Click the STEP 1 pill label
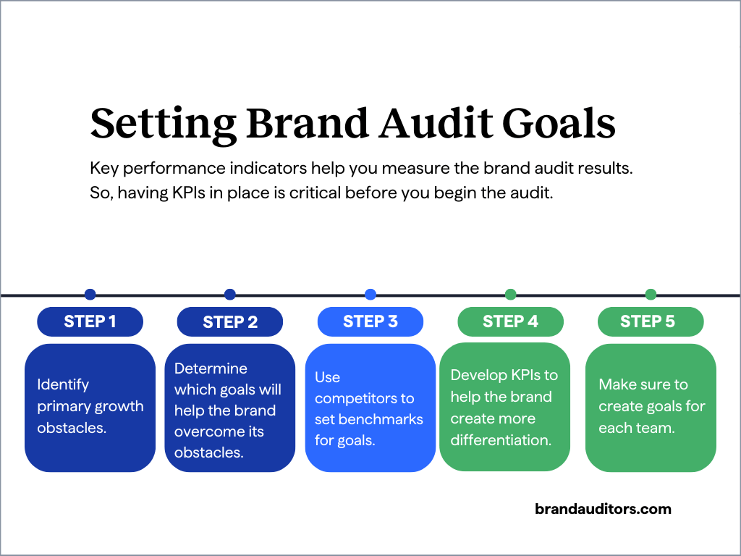[x=90, y=321]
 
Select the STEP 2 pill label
[x=230, y=322]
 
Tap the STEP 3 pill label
[x=370, y=321]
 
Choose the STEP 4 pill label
[x=510, y=321]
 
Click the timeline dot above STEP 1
[x=90, y=295]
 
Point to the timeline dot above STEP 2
[x=230, y=295]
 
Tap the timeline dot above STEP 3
[x=370, y=295]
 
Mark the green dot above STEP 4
[x=510, y=295]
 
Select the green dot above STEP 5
[x=651, y=295]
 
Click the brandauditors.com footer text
[x=603, y=509]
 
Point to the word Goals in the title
[x=562, y=123]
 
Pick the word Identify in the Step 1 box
[x=63, y=384]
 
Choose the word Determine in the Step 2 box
[x=211, y=368]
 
